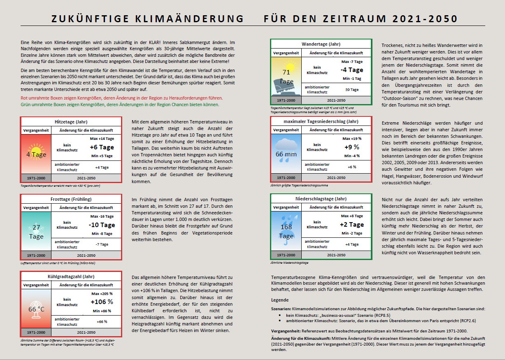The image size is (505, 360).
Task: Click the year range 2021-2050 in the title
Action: pos(425,19)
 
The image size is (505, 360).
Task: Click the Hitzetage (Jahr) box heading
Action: pos(71,122)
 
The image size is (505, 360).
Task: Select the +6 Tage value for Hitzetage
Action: pos(101,147)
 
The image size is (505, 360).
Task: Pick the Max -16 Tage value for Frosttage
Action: pos(101,216)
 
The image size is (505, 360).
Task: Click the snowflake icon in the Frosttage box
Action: pos(36,228)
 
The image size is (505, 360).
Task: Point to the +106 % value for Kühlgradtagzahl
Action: pos(101,302)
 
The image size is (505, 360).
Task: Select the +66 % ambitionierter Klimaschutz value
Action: pos(101,321)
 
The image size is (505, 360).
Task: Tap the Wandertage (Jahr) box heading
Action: pos(321,44)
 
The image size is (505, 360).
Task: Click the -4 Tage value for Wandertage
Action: pos(351,70)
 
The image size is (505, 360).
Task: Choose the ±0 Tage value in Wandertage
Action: pos(351,89)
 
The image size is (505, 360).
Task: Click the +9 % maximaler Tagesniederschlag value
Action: pos(351,147)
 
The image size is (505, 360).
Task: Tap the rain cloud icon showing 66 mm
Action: pos(286,149)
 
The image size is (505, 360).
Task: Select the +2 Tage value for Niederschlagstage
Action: pos(351,225)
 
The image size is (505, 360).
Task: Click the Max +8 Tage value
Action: pos(351,216)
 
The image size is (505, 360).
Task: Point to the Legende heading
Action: pos(280,300)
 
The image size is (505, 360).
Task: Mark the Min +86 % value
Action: pos(101,311)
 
